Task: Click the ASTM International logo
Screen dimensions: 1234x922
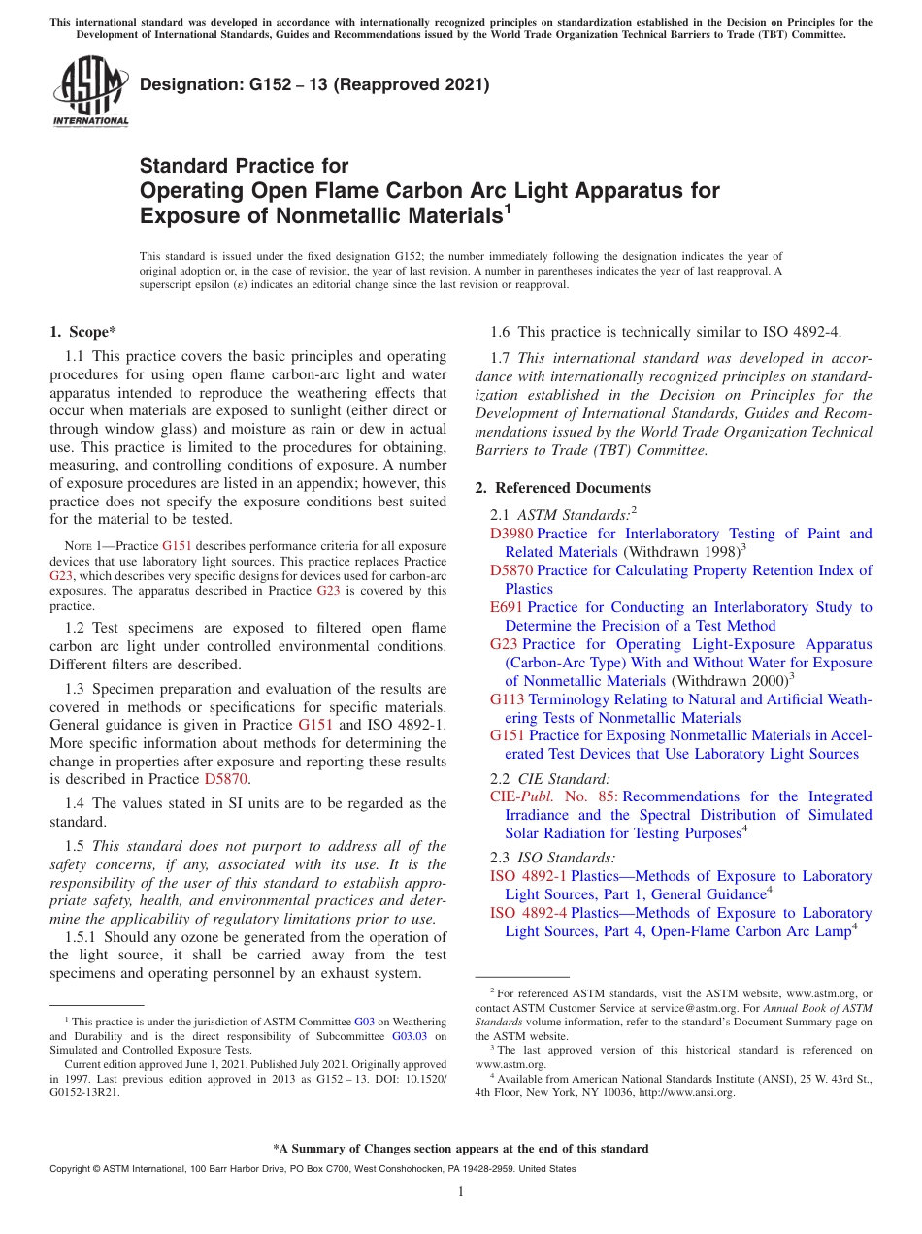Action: click(x=90, y=92)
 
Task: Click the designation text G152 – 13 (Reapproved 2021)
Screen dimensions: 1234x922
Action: click(x=314, y=84)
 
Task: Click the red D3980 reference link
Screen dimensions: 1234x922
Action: click(x=511, y=534)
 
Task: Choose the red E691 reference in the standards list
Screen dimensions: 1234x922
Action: click(x=507, y=607)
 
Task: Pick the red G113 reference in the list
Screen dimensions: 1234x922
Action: click(x=508, y=699)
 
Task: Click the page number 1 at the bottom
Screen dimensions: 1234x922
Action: click(x=461, y=1191)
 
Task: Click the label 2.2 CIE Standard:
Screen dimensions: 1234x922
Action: click(x=550, y=778)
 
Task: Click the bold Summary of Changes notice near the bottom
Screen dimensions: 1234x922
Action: click(x=461, y=1149)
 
